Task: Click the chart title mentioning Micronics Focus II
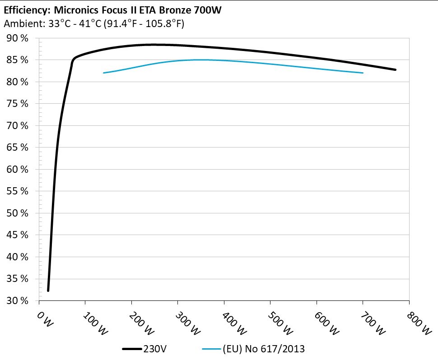coord(113,10)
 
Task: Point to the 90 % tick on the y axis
coord(18,38)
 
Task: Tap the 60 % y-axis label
coord(18,170)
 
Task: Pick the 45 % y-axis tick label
coord(18,235)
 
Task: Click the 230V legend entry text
coord(154,349)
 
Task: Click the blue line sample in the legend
coord(211,349)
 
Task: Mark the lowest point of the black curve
coord(48,291)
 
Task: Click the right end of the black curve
coord(396,70)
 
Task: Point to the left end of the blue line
coord(104,73)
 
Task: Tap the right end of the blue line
coord(363,73)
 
